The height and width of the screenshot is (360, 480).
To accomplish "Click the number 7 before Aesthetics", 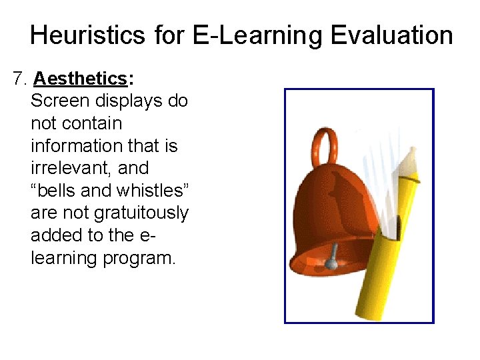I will click(x=18, y=79).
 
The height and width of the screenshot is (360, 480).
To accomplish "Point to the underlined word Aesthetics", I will click(x=80, y=79).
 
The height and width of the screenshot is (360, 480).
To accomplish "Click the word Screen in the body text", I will click(x=59, y=101).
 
